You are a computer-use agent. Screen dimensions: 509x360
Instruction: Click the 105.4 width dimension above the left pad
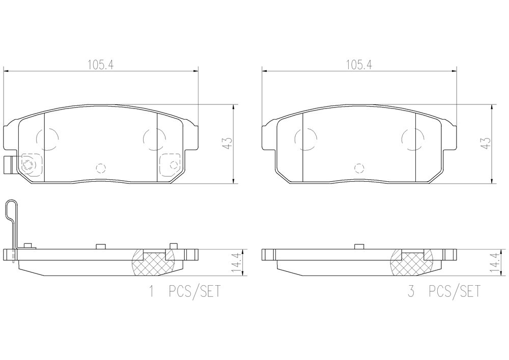(100, 65)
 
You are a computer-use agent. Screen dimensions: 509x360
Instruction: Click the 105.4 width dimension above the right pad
(359, 65)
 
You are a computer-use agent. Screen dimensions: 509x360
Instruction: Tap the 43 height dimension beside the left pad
(228, 144)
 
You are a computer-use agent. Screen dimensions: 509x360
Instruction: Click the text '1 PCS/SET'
(184, 291)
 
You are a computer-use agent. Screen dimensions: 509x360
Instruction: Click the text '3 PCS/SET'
(444, 291)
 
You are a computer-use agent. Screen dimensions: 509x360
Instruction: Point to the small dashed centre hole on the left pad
(101, 168)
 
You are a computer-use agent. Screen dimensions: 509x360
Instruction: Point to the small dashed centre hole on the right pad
(359, 168)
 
